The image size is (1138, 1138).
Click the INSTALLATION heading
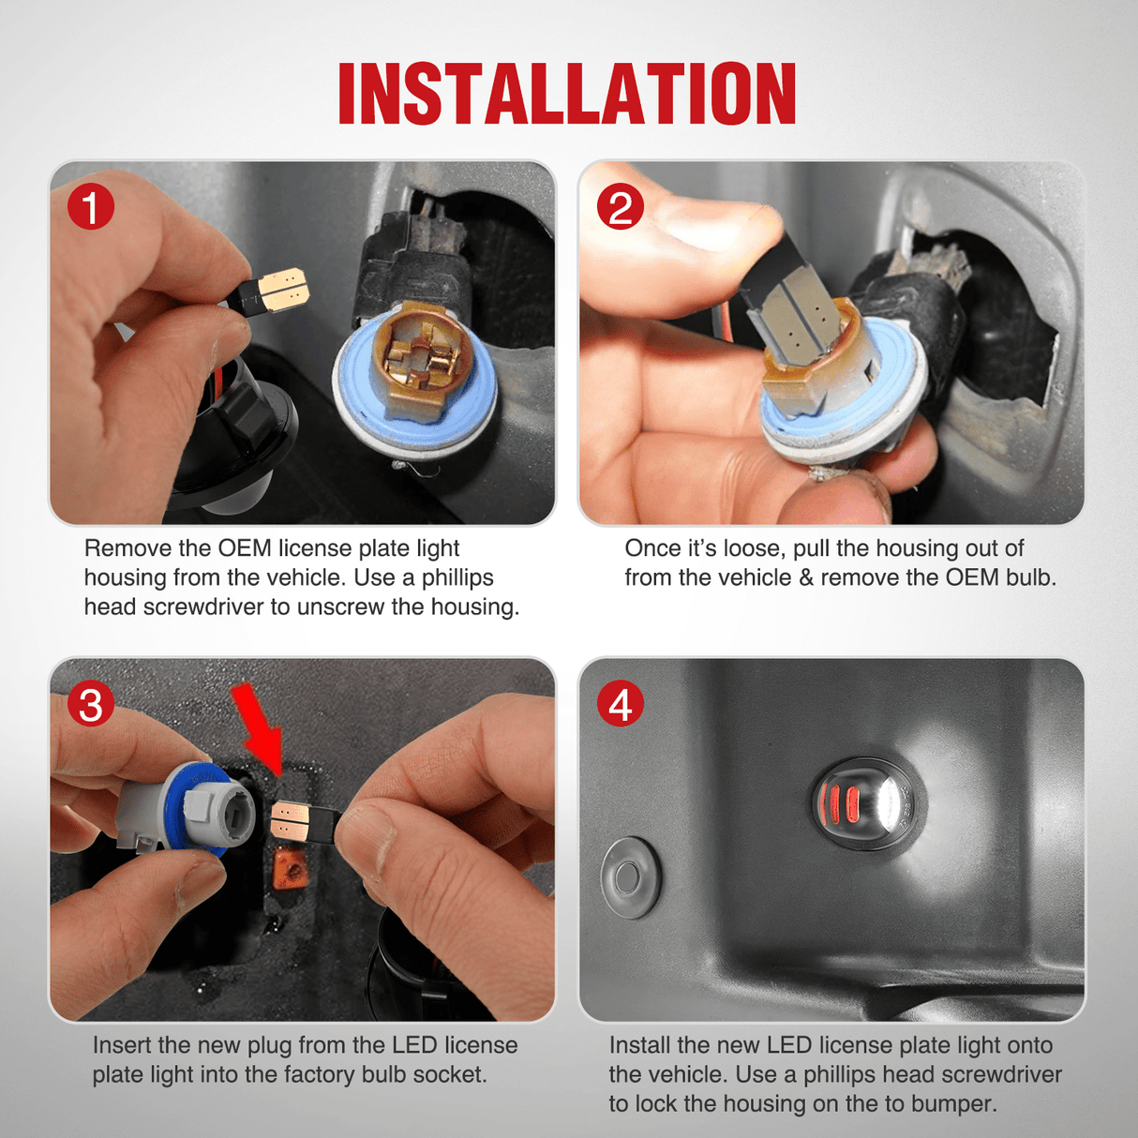[x=567, y=94]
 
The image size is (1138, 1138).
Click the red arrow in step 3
[x=259, y=726]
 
